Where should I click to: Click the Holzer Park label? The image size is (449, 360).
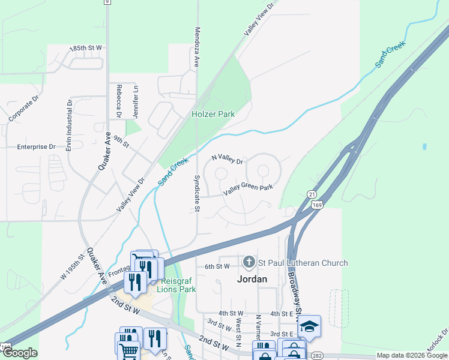tap(213, 113)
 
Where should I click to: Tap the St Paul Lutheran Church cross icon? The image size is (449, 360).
tap(249, 262)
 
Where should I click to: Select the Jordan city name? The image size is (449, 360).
tap(252, 279)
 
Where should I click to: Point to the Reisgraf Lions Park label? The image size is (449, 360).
tap(176, 285)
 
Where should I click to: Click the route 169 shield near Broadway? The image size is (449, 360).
tap(316, 205)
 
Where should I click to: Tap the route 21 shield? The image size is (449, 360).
tap(311, 194)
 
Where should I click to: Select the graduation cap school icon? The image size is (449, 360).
tap(309, 326)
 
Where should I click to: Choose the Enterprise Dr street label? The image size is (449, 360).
tap(36, 146)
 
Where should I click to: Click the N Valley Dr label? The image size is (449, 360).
tap(228, 161)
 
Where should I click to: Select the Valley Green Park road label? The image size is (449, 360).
tap(248, 189)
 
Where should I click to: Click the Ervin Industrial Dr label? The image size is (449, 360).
tap(70, 124)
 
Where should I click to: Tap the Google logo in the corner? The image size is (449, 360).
tap(19, 353)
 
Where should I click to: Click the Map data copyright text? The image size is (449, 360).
tap(411, 355)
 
